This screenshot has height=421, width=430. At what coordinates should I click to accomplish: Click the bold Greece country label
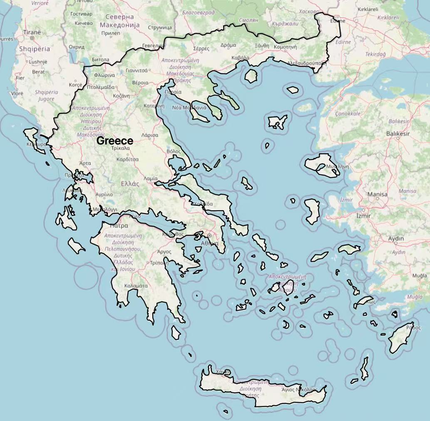point(115,141)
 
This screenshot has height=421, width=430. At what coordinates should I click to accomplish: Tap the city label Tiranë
point(32,32)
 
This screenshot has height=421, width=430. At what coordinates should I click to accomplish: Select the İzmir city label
point(363,216)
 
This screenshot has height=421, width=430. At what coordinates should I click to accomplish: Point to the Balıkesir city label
point(398,134)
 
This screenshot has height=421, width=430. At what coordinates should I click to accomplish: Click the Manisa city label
point(377,194)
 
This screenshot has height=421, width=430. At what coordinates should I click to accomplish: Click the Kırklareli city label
point(368,9)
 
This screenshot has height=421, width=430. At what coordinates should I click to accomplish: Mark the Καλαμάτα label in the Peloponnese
point(136,286)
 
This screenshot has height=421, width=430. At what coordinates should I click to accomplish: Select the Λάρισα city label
point(150,135)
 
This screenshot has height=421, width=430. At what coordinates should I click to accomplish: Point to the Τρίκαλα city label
point(121,148)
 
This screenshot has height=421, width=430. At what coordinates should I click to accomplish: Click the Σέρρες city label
point(201,48)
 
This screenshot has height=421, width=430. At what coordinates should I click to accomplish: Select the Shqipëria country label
point(34,49)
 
